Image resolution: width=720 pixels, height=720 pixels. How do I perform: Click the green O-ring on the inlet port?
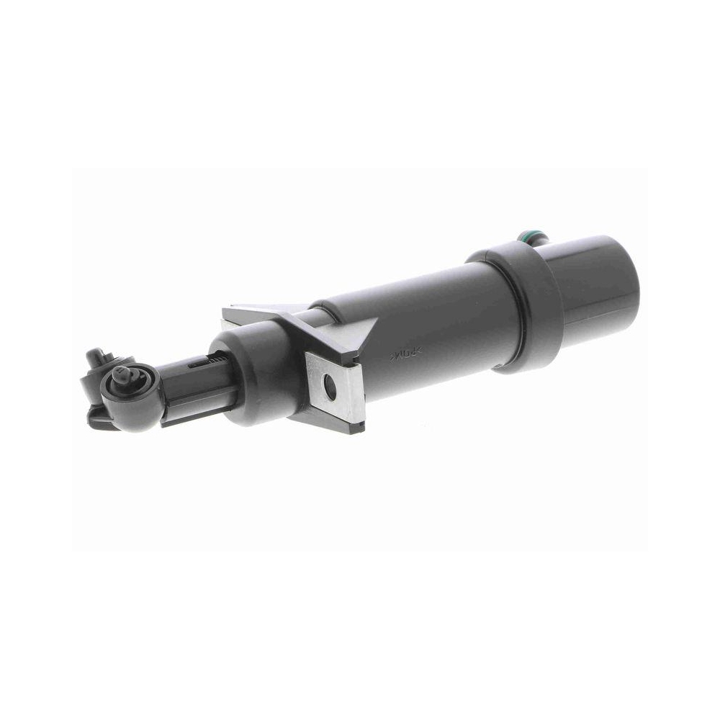click(527, 235)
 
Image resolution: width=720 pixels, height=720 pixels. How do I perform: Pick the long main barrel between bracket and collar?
click(425, 324)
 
